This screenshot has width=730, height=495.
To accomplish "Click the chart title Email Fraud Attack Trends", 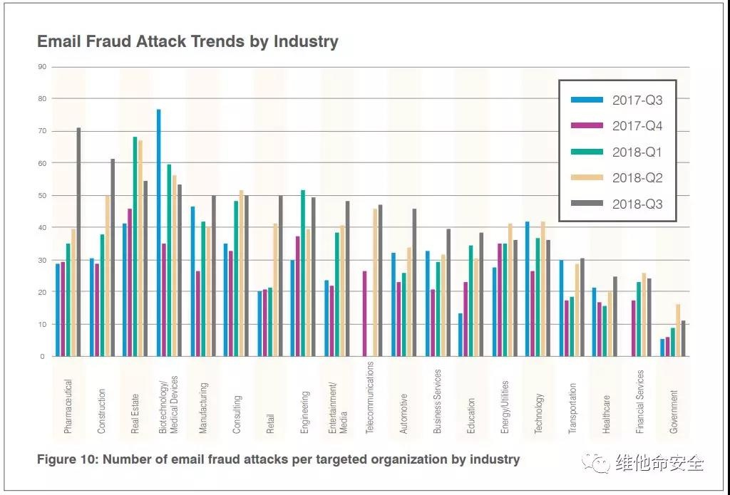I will pos(187,41).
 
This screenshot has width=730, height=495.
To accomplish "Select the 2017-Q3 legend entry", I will pos(617,100).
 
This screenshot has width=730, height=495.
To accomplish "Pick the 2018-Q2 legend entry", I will pos(617,178).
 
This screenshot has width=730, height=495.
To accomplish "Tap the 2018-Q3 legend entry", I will pos(617,204).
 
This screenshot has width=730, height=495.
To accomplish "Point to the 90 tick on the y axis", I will pos(42,67).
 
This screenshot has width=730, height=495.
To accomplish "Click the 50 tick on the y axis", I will pos(42,195).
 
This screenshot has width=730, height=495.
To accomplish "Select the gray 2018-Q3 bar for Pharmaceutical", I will pos(78,242).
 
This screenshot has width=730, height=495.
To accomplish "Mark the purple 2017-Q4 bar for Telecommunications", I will pos(364,313).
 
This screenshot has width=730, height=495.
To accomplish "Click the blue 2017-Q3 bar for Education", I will pos(461,335).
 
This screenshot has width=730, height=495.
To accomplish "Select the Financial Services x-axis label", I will pos(640,402).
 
